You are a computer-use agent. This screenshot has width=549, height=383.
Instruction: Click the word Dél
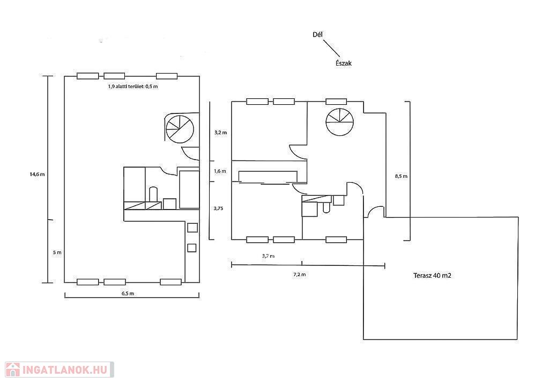click(317, 35)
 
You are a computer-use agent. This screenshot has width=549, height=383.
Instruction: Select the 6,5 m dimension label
click(128, 293)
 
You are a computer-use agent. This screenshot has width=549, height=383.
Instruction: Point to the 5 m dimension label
click(57, 252)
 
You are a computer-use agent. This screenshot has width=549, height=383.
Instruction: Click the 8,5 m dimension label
click(401, 176)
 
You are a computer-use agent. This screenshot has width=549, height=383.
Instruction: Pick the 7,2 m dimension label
click(299, 274)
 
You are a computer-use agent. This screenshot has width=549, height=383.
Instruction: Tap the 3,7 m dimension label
click(268, 256)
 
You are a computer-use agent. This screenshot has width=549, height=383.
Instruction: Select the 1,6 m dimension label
click(220, 171)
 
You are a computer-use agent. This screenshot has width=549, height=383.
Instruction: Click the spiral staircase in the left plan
click(180, 129)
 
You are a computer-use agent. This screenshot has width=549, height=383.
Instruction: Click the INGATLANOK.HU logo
click(57, 370)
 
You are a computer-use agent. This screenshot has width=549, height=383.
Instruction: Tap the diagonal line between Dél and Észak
click(331, 48)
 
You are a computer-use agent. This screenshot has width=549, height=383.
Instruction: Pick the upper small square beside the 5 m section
click(191, 228)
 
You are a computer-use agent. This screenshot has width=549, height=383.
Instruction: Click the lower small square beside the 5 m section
click(191, 248)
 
